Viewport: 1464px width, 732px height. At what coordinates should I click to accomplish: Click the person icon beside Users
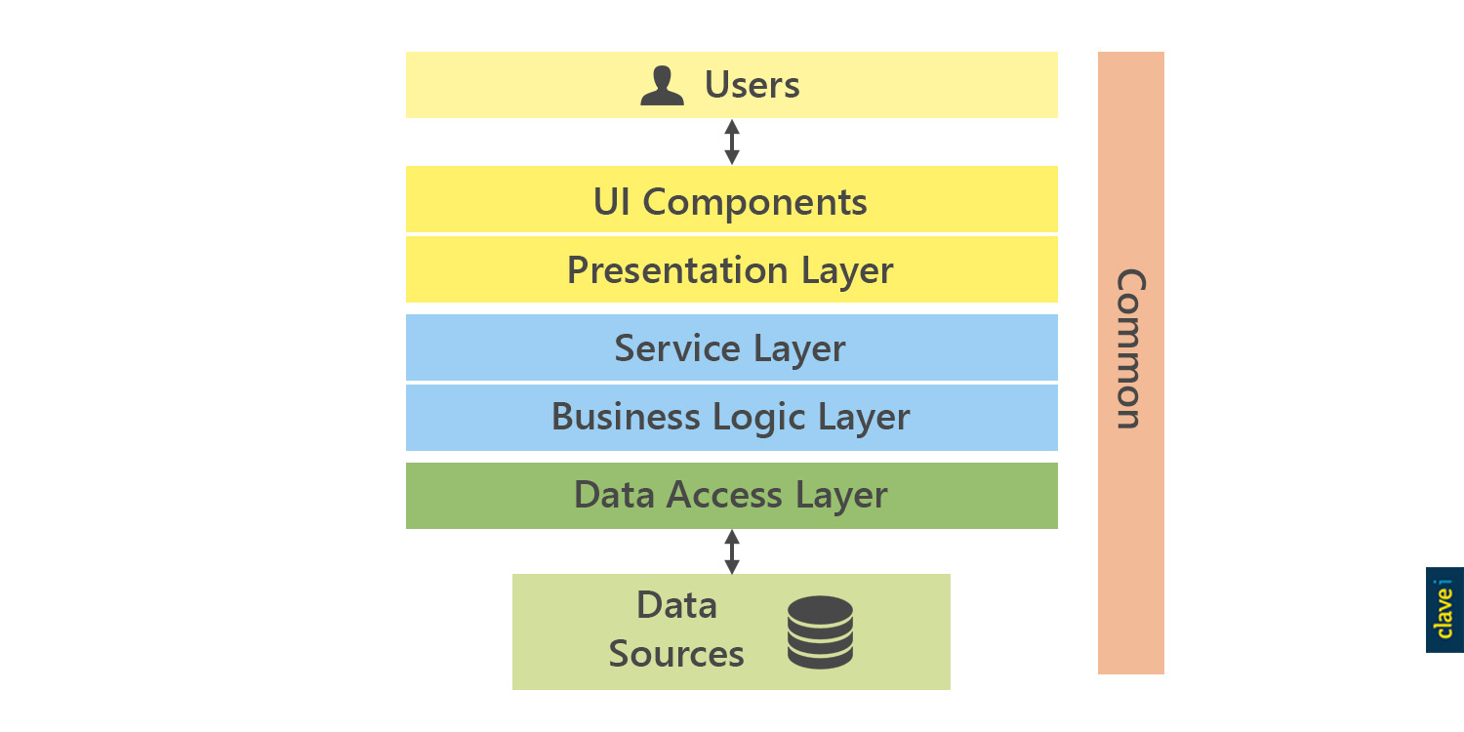click(662, 86)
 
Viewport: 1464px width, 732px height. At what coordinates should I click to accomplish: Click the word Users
click(752, 85)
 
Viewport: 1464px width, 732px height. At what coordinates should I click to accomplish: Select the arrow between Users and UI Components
click(732, 142)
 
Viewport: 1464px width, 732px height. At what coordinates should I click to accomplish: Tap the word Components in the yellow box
click(754, 202)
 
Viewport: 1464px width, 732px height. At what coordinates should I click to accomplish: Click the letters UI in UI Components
click(612, 201)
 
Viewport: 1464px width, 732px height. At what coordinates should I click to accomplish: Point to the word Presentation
click(677, 270)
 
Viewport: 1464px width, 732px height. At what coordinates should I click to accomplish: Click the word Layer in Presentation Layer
click(847, 272)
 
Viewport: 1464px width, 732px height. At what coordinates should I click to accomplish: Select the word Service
click(677, 347)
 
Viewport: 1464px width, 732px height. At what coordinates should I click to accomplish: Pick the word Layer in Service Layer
click(800, 349)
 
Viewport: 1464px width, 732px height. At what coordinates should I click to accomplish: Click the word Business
click(626, 417)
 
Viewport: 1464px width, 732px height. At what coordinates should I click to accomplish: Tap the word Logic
click(758, 419)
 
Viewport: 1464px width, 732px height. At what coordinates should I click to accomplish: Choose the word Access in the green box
click(723, 496)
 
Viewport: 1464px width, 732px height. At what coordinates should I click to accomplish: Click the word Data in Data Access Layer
click(614, 495)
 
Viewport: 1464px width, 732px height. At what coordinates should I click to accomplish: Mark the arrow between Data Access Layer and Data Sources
click(732, 552)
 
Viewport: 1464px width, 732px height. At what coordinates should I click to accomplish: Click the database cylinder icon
click(820, 632)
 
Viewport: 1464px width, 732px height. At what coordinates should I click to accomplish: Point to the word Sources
click(676, 654)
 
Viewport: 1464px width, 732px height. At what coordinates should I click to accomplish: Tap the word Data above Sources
click(676, 605)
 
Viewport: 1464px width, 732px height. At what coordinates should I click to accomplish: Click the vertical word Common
click(1130, 349)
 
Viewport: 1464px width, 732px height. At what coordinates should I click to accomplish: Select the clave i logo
click(1444, 610)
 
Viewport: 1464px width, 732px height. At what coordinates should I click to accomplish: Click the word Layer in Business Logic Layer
click(864, 419)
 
